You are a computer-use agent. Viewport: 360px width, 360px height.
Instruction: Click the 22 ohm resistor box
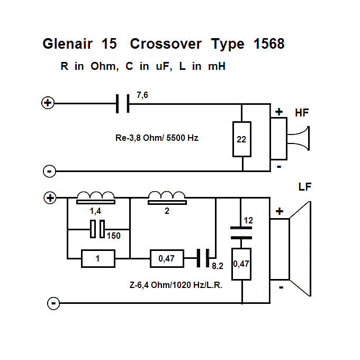pyautogui.click(x=242, y=139)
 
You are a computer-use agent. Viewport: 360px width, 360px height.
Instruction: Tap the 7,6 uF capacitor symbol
pyautogui.click(x=122, y=103)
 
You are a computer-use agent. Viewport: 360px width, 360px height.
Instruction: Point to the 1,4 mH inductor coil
pyautogui.click(x=96, y=198)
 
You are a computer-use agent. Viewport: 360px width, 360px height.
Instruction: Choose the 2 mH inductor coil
pyautogui.click(x=167, y=198)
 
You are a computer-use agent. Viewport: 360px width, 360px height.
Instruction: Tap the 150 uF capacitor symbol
pyautogui.click(x=97, y=229)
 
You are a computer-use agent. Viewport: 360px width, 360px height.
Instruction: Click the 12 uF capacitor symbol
pyautogui.click(x=241, y=230)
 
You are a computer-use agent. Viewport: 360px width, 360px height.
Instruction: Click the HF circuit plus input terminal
pyautogui.click(x=48, y=103)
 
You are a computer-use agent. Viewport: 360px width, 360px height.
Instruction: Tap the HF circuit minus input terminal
pyautogui.click(x=49, y=171)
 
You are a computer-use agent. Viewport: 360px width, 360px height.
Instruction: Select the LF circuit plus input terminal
pyautogui.click(x=50, y=198)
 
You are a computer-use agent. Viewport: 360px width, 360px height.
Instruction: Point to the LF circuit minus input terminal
pyautogui.click(x=53, y=303)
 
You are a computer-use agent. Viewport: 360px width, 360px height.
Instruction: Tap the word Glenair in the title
pyautogui.click(x=66, y=44)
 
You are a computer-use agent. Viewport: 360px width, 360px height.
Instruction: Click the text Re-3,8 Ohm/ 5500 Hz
pyautogui.click(x=157, y=138)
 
